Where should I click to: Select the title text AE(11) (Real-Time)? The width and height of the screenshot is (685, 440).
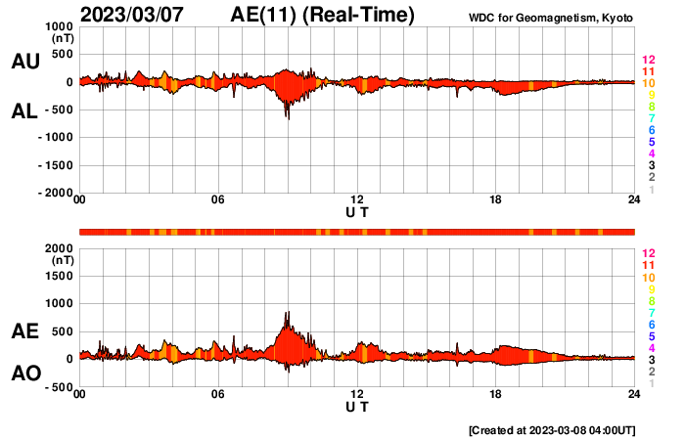[323, 15]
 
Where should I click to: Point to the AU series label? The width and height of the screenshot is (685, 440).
[24, 62]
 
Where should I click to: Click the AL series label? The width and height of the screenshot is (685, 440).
[24, 112]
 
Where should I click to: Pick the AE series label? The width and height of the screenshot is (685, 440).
[24, 331]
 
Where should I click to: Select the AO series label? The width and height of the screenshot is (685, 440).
[24, 374]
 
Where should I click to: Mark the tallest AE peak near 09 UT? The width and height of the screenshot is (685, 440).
[288, 313]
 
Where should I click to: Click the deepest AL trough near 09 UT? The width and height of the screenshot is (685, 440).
[288, 118]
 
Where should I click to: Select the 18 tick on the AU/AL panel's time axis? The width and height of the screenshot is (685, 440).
[496, 200]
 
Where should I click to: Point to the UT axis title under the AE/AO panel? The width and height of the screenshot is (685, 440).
[357, 406]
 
